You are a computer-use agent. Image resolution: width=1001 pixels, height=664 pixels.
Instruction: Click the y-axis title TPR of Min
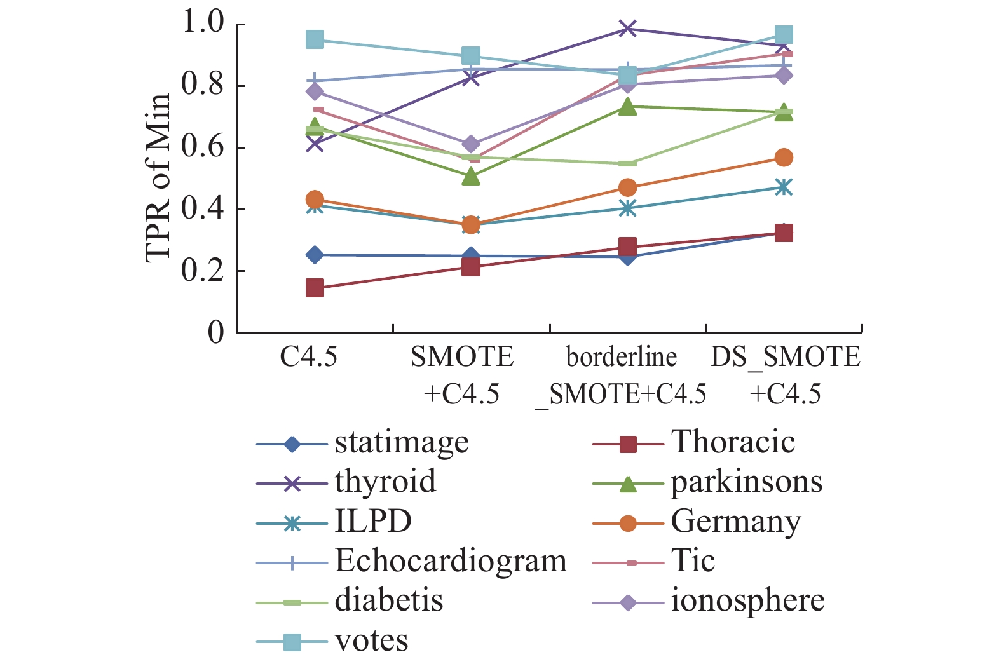[158, 179]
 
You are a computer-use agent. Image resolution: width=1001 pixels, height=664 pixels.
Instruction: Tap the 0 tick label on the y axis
[216, 332]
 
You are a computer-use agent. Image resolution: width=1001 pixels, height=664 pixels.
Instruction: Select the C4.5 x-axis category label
[309, 357]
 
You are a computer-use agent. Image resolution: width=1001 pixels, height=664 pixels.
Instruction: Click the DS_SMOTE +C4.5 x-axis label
[786, 376]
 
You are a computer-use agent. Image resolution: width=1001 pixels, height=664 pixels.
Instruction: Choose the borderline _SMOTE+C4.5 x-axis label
[621, 376]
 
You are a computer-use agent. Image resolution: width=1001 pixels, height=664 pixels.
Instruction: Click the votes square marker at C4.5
[315, 39]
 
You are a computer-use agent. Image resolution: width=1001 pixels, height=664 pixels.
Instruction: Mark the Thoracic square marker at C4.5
[315, 288]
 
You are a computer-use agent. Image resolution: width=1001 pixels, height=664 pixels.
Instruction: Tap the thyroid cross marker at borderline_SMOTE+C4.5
[627, 29]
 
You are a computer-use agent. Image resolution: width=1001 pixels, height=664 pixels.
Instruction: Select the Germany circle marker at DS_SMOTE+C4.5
[784, 158]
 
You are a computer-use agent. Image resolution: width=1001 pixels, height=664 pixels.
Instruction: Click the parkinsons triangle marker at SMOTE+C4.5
[471, 177]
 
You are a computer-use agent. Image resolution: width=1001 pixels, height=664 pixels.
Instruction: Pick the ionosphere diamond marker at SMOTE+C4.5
[471, 144]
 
